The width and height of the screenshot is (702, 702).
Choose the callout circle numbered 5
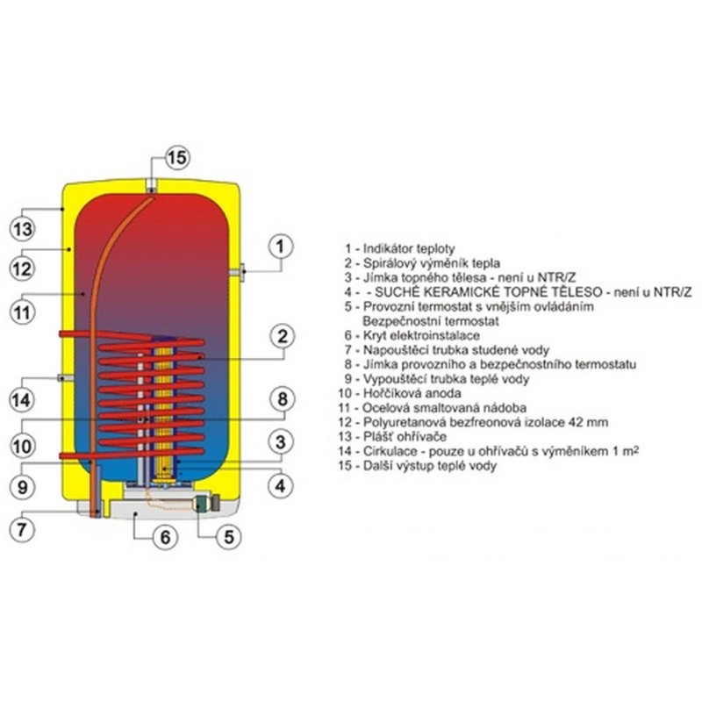coord(228,536)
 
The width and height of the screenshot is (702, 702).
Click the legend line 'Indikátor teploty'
coord(402,249)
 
